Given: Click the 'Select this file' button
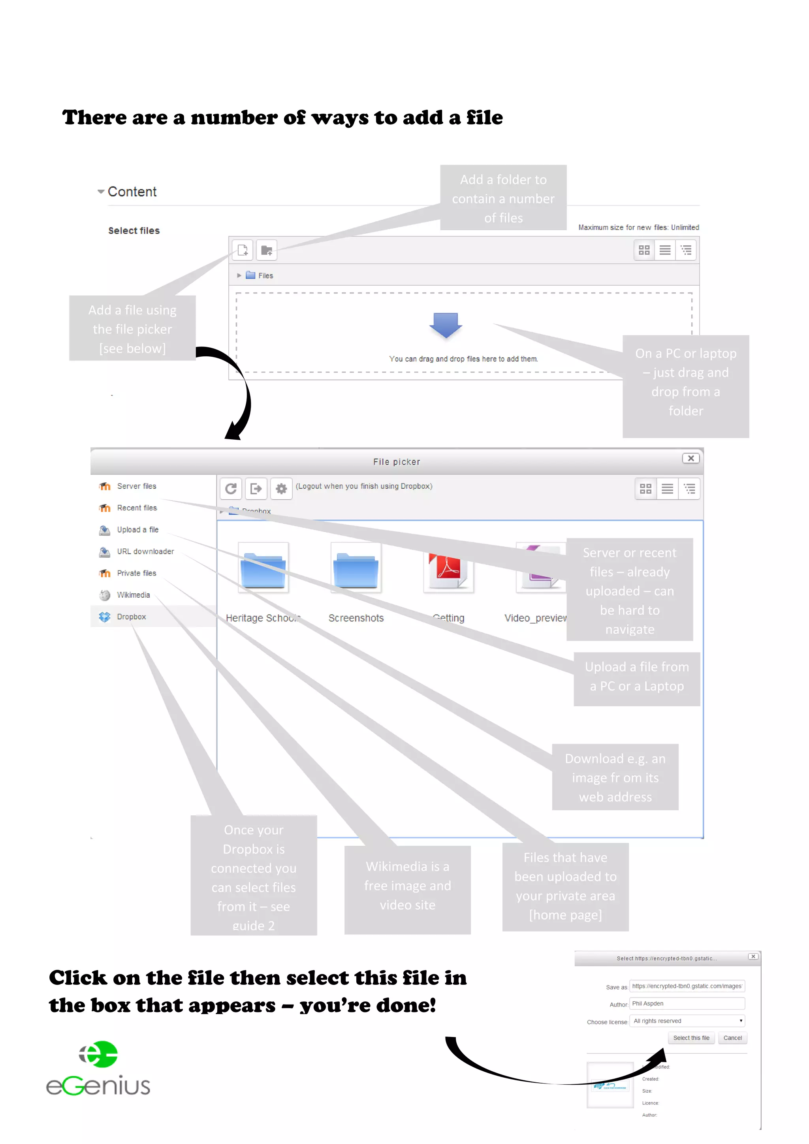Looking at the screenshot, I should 691,1038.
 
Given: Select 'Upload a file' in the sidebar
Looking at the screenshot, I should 137,530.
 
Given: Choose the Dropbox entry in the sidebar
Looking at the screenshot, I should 131,617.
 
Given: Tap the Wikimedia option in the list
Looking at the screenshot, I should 133,595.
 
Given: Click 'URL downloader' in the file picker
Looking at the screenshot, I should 145,551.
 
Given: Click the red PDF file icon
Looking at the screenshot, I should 448,568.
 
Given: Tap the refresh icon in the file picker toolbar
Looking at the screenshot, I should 231,489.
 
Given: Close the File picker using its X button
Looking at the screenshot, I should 690,458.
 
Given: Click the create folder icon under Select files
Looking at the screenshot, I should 267,250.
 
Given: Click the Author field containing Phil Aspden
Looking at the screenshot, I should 687,1003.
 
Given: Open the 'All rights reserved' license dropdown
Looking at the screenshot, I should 687,1021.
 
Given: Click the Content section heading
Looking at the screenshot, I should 132,192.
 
